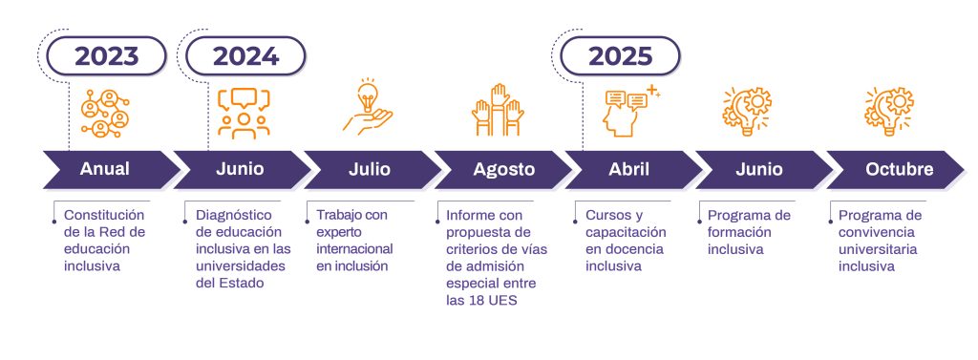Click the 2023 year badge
(106, 55)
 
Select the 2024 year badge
(245, 55)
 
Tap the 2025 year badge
(620, 55)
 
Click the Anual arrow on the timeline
(105, 169)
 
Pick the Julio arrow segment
(368, 169)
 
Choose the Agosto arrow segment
(503, 169)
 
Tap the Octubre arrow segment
(898, 169)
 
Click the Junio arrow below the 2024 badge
(239, 169)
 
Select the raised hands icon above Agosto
(497, 110)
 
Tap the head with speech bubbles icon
(630, 110)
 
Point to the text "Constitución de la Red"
(104, 223)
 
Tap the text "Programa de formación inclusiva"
(749, 232)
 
